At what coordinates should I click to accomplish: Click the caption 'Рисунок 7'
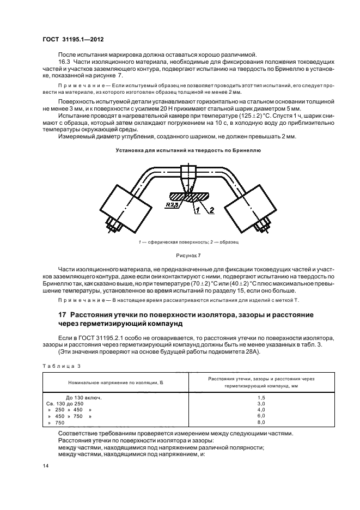[x=181, y=255]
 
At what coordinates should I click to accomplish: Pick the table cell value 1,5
[x=260, y=398]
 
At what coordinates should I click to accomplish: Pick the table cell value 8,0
[x=260, y=422]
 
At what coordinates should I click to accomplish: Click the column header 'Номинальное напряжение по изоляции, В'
[x=115, y=384]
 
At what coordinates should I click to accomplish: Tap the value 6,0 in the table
[x=260, y=416]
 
